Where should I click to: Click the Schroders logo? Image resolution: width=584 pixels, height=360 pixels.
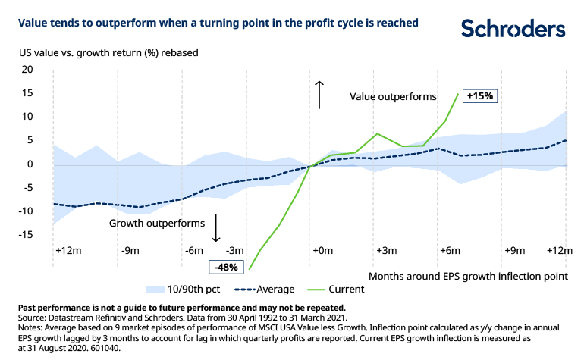[x=513, y=30]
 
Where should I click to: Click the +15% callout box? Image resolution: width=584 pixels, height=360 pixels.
[x=480, y=96]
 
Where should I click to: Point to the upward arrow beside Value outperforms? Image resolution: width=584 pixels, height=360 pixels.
[x=320, y=95]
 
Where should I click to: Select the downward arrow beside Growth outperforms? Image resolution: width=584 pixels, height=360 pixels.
[x=217, y=227]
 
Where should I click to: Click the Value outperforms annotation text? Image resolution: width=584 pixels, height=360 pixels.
[x=393, y=97]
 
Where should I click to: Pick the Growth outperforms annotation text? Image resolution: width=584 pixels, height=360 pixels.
[x=157, y=224]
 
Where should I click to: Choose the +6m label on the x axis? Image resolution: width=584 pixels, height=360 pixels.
[x=449, y=250]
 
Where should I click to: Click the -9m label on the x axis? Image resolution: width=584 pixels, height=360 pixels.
[x=130, y=250]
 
